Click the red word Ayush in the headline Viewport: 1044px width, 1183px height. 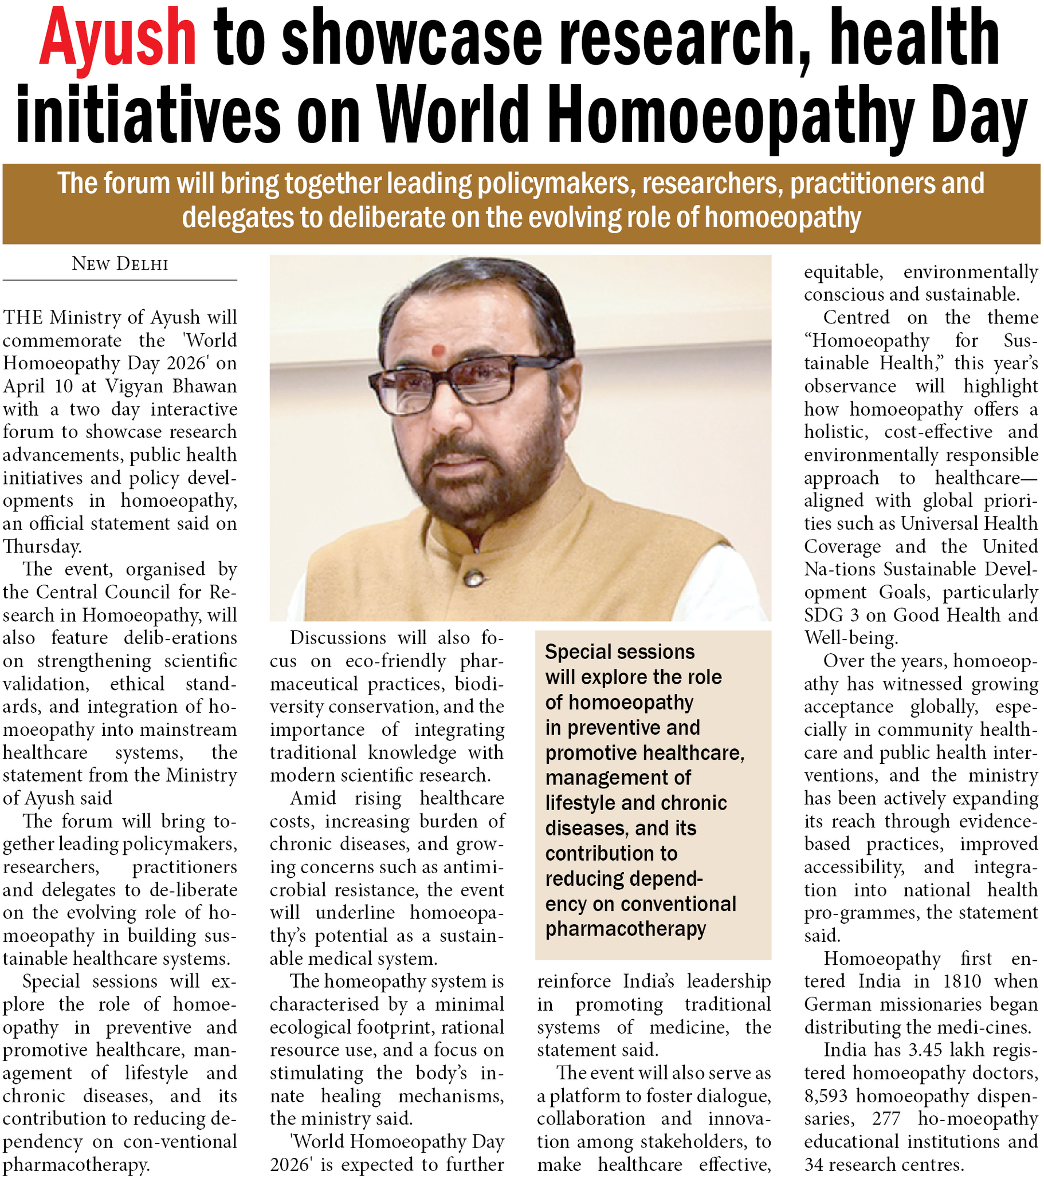pyautogui.click(x=117, y=41)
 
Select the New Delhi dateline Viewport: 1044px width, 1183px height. pyautogui.click(x=120, y=264)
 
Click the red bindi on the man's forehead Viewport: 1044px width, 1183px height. pyautogui.click(x=438, y=350)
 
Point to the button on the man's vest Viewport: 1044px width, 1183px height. pyautogui.click(x=474, y=577)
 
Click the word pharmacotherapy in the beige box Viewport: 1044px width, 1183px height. pyautogui.click(x=625, y=929)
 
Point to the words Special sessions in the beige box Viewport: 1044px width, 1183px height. pyautogui.click(x=619, y=652)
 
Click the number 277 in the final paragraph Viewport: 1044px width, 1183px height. pyautogui.click(x=886, y=1119)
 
